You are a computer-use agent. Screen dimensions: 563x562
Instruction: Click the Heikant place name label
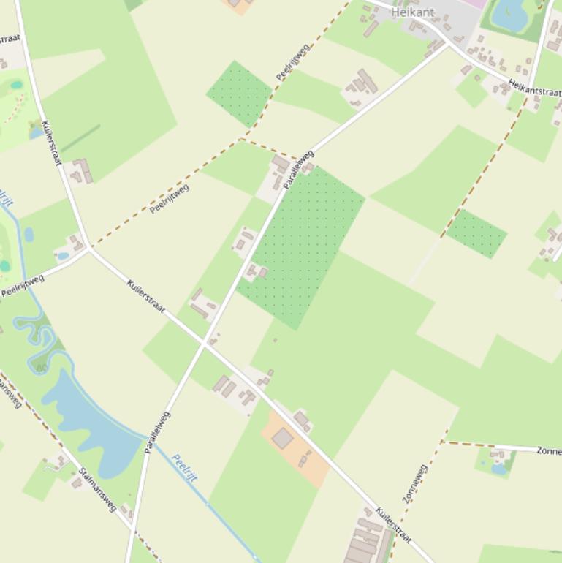click(x=413, y=12)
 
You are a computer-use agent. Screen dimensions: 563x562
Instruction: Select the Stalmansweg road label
click(x=98, y=488)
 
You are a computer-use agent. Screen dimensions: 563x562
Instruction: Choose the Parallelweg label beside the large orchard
click(x=298, y=169)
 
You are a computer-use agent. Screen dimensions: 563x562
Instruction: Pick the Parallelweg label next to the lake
click(x=157, y=431)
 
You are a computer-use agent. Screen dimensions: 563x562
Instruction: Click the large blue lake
click(x=91, y=424)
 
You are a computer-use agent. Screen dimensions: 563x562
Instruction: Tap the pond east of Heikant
click(x=510, y=15)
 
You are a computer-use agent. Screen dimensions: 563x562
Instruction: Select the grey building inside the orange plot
click(x=283, y=438)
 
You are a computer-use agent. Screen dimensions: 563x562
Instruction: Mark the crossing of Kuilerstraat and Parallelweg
click(x=204, y=342)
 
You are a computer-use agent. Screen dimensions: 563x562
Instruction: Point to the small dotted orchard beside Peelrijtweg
click(x=239, y=93)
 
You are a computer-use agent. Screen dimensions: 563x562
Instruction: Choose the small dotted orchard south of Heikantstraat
click(x=476, y=233)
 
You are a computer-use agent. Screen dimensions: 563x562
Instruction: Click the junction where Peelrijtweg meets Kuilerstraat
click(x=89, y=248)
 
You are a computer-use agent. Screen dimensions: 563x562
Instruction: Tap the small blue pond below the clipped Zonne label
click(x=499, y=469)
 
